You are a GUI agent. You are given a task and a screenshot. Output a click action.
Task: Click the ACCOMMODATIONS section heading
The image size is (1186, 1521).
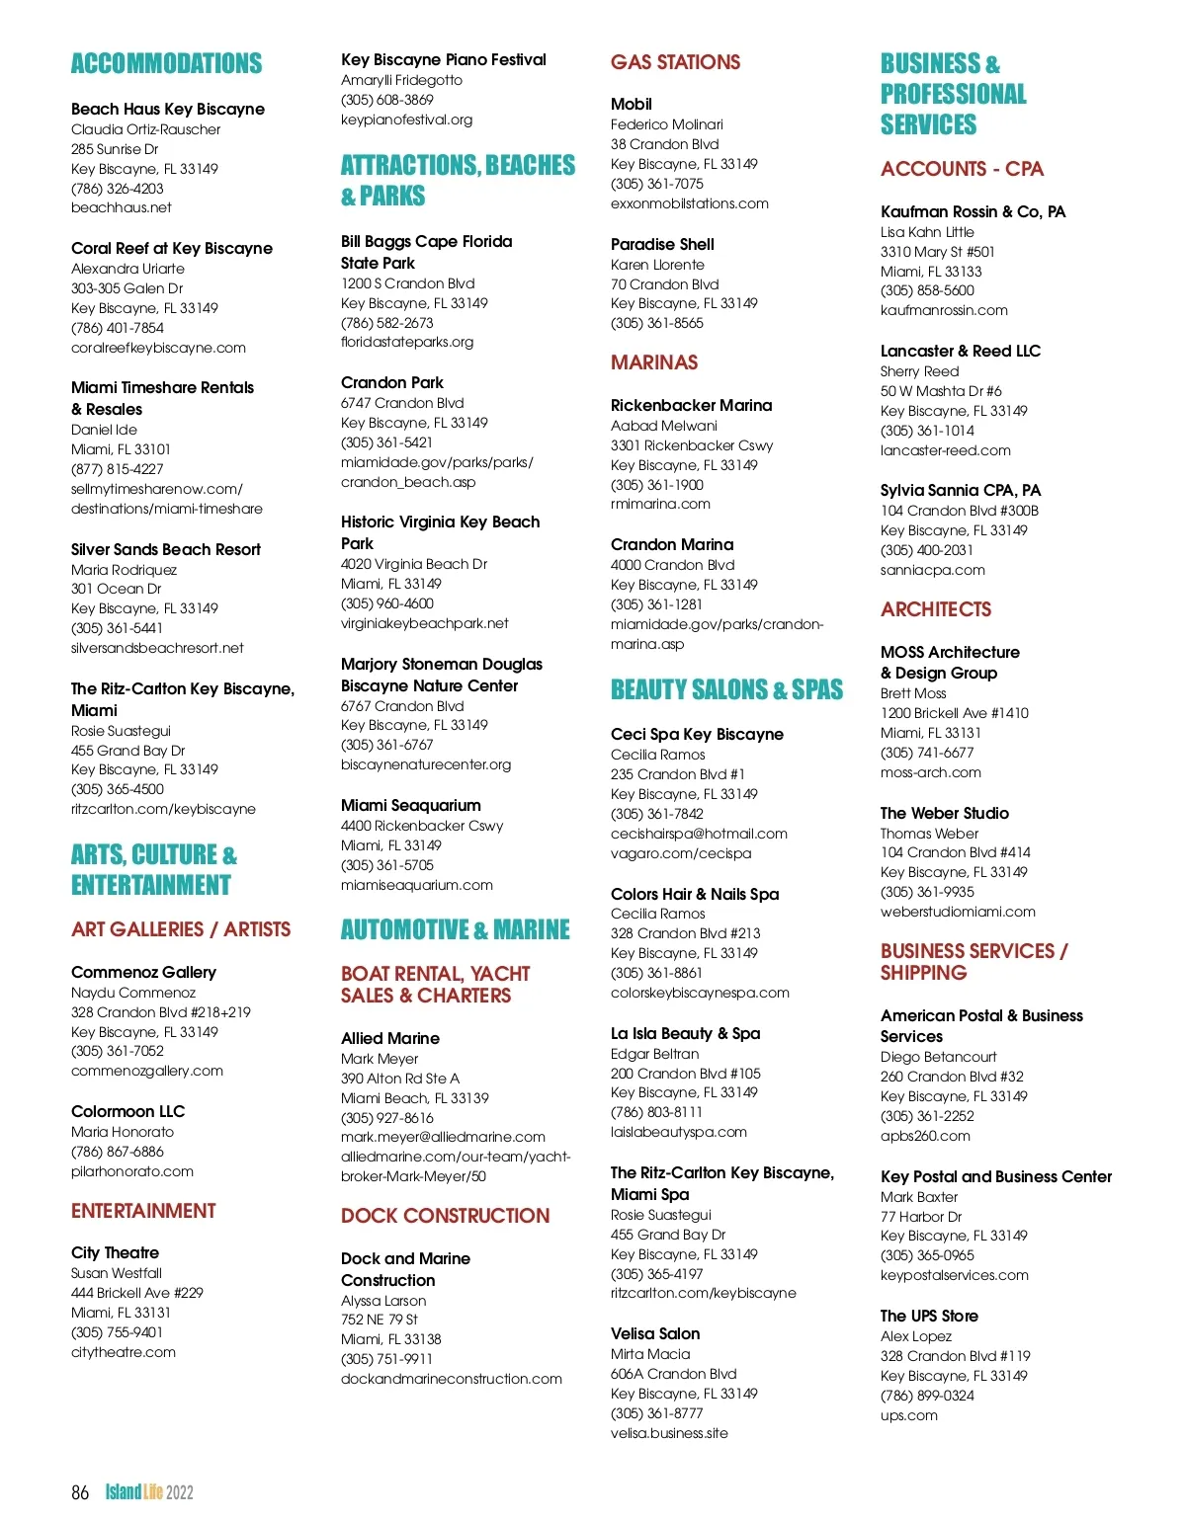point(166,64)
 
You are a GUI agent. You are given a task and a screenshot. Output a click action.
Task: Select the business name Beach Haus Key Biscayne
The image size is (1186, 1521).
point(168,109)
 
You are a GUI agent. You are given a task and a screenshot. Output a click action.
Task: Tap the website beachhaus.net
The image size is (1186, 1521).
point(121,207)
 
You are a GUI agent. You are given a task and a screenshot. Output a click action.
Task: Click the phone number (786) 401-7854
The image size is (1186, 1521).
point(118,328)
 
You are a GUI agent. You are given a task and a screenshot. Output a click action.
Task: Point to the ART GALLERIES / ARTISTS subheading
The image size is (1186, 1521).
point(181,929)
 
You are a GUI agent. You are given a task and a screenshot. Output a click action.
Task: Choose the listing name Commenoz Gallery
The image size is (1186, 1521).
point(143,972)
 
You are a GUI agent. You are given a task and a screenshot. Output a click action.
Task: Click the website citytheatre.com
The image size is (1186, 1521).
point(124,1352)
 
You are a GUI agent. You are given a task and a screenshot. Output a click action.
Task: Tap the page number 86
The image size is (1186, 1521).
point(80,1492)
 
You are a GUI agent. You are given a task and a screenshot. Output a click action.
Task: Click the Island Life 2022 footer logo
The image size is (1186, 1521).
point(149,1492)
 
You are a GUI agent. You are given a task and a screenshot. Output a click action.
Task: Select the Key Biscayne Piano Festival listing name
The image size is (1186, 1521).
point(444,59)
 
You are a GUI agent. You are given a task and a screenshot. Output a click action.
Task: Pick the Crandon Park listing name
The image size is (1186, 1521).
point(392,382)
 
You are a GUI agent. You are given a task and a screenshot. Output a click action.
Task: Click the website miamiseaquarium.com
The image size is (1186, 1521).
point(417,885)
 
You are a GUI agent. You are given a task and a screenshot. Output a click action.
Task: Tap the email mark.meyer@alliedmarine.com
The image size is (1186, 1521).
point(443,1137)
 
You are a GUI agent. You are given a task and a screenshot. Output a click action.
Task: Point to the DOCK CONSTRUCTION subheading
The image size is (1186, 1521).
point(445,1216)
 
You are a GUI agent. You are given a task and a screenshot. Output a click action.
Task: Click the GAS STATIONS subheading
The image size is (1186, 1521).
point(675,62)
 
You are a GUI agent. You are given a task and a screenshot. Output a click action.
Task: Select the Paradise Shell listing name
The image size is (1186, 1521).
point(662,244)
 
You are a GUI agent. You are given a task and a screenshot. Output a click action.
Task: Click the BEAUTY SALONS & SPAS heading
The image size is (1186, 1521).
point(726,689)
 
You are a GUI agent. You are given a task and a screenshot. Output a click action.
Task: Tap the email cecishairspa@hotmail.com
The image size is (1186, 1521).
point(699,834)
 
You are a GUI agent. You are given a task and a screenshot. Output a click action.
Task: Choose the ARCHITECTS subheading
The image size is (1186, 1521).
point(936,609)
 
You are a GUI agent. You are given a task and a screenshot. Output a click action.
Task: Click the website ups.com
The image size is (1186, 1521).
point(909,1415)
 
